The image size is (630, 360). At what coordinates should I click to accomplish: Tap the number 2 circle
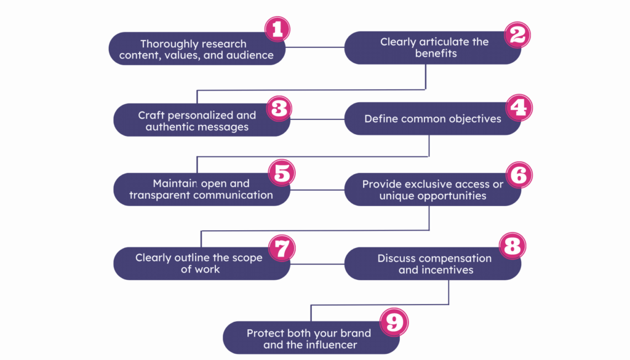click(517, 35)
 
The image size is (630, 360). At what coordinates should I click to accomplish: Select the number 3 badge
click(279, 108)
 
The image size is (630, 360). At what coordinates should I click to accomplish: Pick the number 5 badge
click(281, 173)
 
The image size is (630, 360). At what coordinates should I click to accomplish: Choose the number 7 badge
click(281, 248)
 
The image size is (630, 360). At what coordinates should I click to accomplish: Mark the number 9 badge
click(392, 321)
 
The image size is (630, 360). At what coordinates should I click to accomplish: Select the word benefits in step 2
click(436, 54)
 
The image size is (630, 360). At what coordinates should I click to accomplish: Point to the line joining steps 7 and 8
click(317, 264)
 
